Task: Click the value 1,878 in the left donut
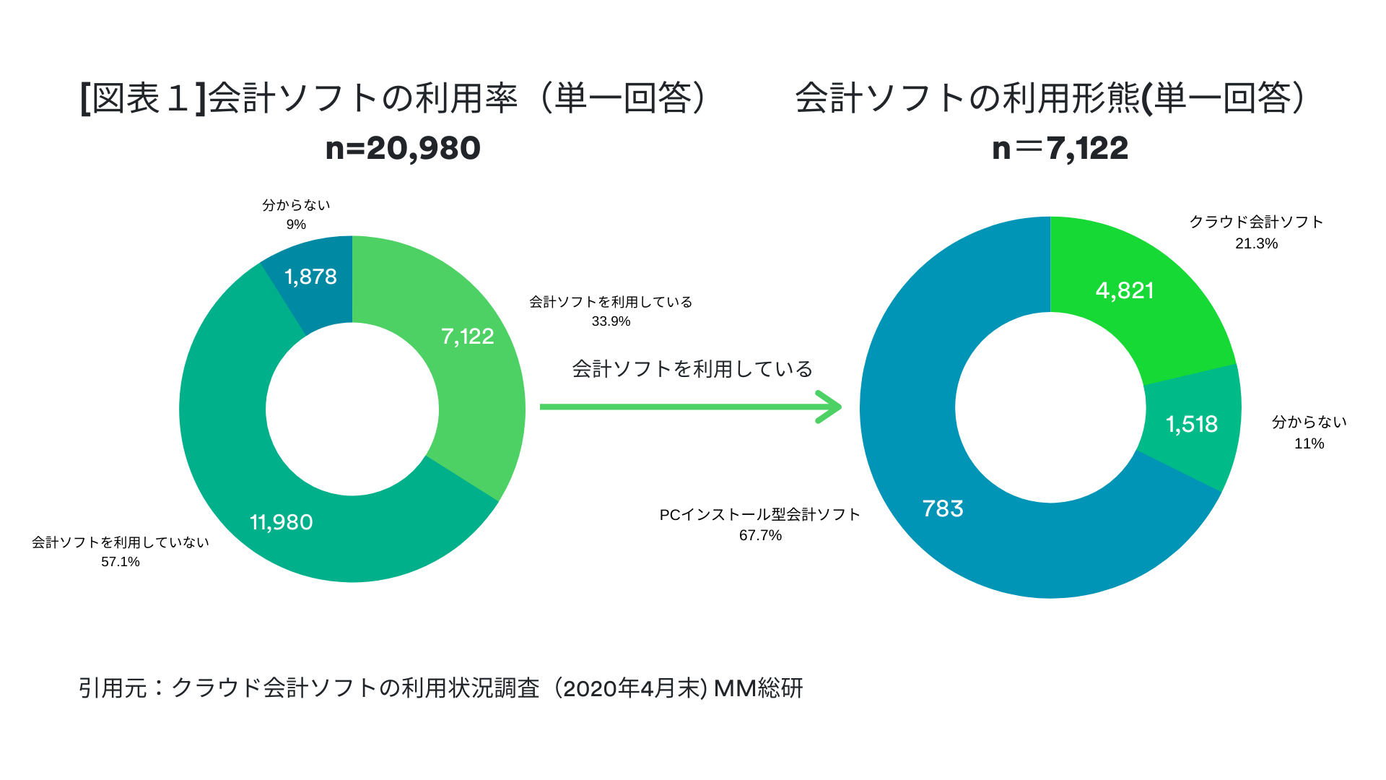[310, 277]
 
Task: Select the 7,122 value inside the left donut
[467, 337]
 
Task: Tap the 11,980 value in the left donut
[282, 522]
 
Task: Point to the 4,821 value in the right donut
[1125, 290]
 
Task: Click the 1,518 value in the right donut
[1191, 424]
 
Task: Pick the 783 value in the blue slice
[943, 508]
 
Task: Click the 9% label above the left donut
[296, 225]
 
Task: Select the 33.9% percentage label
[611, 321]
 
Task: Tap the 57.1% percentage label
[120, 562]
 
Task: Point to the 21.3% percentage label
[1256, 243]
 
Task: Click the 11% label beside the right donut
[1309, 443]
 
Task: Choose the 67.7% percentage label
[760, 535]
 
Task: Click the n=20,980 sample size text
[403, 148]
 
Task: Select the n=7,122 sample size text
[1060, 148]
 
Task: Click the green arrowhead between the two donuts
[830, 407]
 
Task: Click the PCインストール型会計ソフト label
[759, 514]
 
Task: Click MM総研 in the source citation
[758, 688]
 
